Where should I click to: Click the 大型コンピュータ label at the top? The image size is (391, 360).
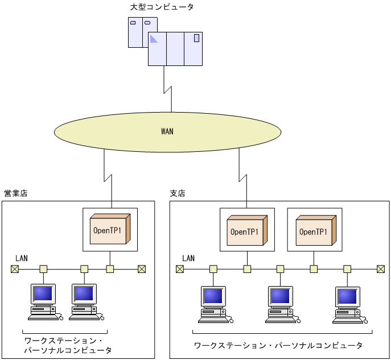[162, 7]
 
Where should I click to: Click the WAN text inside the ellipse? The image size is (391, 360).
[167, 131]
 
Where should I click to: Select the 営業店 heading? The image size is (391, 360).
[15, 193]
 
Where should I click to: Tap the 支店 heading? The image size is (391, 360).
[178, 193]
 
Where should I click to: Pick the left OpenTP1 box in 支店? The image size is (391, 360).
[247, 230]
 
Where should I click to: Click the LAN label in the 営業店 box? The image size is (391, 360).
[21, 258]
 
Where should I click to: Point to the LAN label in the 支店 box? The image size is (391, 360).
[188, 258]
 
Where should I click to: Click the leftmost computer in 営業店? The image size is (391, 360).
[43, 301]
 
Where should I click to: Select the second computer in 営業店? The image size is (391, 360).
[85, 301]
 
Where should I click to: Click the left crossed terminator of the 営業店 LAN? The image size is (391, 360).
[14, 269]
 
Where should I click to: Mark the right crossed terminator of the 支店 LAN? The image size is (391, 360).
[381, 269]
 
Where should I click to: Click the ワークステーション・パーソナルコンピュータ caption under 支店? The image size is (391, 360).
[278, 345]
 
